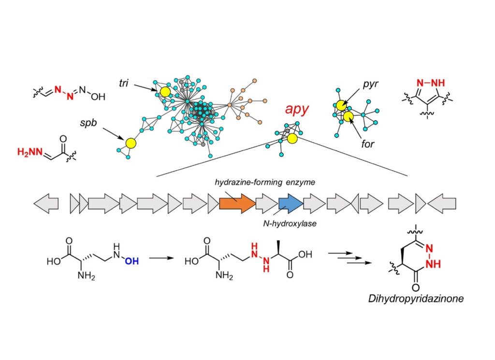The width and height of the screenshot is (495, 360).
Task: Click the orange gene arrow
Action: [237, 203]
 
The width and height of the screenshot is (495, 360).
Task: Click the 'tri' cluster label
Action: [123, 83]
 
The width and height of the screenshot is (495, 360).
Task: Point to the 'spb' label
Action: [88, 123]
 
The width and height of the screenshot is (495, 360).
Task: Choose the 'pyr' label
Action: [370, 85]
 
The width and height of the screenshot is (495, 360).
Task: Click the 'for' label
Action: [368, 144]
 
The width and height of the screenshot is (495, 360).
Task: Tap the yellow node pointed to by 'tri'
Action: [165, 92]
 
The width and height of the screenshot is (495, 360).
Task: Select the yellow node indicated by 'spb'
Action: [130, 143]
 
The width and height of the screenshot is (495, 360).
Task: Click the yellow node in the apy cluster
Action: [292, 139]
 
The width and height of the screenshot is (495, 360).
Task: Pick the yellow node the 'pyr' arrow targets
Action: [341, 105]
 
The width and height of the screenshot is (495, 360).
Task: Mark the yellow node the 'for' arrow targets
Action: [348, 116]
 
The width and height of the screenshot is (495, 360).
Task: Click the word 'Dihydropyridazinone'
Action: [416, 299]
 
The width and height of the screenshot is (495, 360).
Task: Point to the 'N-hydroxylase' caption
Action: [290, 224]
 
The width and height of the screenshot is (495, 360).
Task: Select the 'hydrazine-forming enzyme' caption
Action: [265, 182]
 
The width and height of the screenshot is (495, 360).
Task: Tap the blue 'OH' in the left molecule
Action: [131, 261]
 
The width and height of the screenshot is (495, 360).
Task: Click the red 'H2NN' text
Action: [29, 153]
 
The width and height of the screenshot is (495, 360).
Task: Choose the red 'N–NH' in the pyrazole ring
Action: [431, 83]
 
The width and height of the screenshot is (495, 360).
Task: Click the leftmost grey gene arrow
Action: [46, 203]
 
